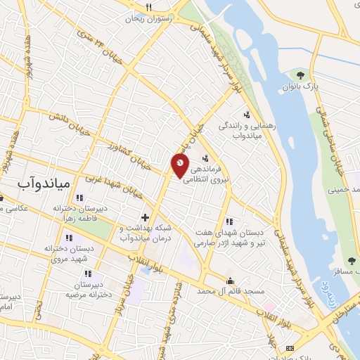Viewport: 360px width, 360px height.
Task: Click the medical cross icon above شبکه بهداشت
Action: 146,217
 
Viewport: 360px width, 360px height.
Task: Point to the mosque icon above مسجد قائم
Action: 229,280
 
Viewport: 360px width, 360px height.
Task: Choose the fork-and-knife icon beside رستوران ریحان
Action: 148,7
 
